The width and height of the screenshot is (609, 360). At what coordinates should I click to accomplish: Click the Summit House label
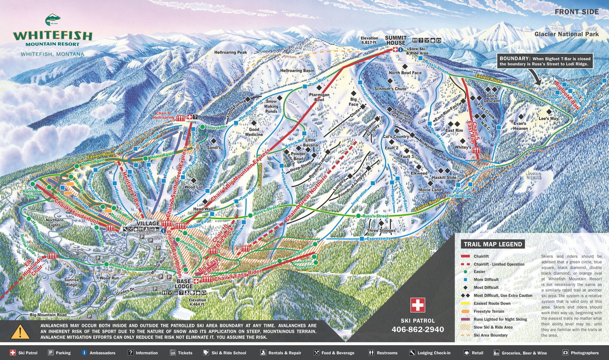coord(395,40)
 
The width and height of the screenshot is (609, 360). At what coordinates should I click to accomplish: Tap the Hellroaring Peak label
coord(231,52)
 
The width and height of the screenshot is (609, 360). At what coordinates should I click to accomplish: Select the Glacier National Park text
coord(566,34)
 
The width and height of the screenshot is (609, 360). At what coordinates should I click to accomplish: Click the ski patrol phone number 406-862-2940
coord(418,329)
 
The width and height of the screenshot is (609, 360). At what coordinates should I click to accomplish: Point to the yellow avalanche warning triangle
coord(20,331)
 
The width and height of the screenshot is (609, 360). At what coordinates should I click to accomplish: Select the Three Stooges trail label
coord(381,231)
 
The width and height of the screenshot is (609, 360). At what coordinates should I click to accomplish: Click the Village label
coord(148,224)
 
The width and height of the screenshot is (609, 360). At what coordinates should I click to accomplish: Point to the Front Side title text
coord(576,12)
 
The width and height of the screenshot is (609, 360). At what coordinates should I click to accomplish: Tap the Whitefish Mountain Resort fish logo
coord(53,20)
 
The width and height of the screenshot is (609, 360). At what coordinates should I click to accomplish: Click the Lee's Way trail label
coord(549,118)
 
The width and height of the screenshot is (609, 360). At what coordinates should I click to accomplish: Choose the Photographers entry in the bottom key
coord(585,353)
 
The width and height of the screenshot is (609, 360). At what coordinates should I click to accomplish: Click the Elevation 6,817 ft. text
coord(369,40)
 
